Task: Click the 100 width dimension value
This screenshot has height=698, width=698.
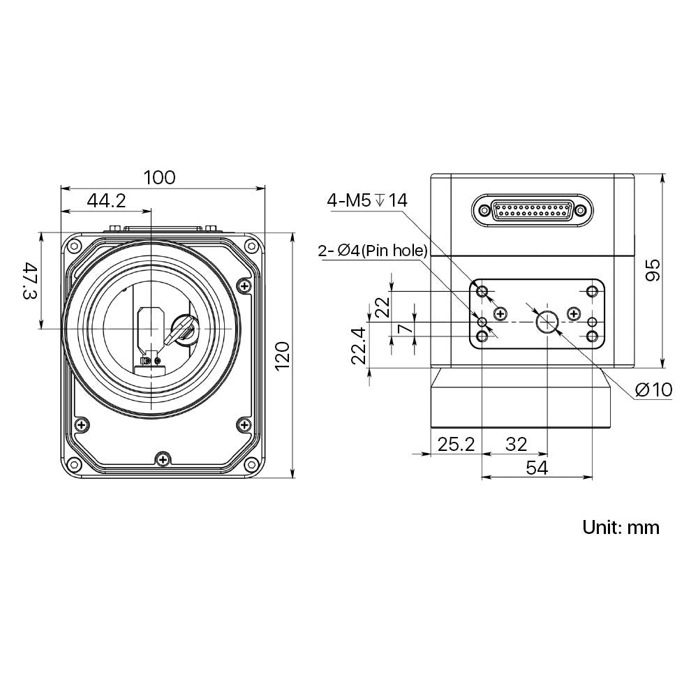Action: pyautogui.click(x=159, y=177)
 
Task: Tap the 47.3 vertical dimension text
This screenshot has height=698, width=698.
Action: pyautogui.click(x=29, y=281)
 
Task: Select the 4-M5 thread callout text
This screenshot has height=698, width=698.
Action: pyautogui.click(x=367, y=201)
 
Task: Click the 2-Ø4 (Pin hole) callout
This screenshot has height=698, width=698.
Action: pyautogui.click(x=372, y=251)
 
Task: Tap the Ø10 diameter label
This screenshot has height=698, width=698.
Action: pyautogui.click(x=654, y=389)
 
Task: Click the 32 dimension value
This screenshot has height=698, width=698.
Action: pyautogui.click(x=516, y=443)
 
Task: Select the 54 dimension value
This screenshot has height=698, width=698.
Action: pyautogui.click(x=536, y=468)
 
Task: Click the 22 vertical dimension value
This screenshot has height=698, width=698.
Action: pyautogui.click(x=382, y=308)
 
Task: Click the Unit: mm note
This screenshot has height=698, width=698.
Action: pyautogui.click(x=621, y=527)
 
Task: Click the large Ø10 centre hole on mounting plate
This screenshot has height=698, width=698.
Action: pyautogui.click(x=547, y=322)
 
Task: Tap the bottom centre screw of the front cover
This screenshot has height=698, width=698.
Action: pyautogui.click(x=163, y=459)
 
